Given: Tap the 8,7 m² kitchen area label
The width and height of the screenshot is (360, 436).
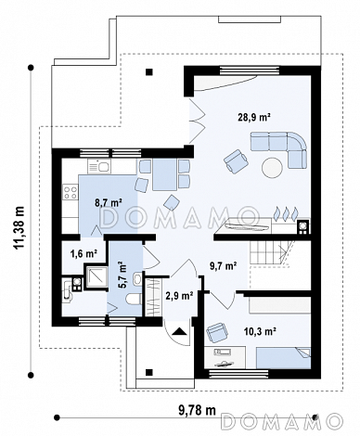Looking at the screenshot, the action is [x=109, y=202].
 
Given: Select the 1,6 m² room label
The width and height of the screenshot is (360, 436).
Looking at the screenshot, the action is [x=84, y=253].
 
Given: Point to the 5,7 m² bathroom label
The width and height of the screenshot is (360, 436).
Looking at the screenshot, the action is [x=122, y=275].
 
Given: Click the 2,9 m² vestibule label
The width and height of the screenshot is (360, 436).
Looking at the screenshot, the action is [x=180, y=295].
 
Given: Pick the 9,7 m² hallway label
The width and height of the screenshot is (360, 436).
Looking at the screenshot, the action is [x=224, y=265].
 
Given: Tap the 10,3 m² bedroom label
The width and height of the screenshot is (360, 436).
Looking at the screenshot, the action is [x=260, y=332].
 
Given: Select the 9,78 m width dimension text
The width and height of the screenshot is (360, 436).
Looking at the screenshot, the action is [x=197, y=410].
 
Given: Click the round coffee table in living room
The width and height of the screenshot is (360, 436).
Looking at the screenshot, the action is [x=272, y=168].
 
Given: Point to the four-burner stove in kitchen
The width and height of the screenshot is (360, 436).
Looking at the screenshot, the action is [x=70, y=191].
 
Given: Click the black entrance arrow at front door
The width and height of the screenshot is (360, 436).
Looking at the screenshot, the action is [x=179, y=331].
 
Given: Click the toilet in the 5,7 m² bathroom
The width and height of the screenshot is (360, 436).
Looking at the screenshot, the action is [x=134, y=299].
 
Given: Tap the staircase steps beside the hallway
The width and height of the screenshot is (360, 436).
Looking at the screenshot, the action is [x=268, y=252].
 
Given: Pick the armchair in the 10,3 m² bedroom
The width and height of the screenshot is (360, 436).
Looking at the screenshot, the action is [x=217, y=333].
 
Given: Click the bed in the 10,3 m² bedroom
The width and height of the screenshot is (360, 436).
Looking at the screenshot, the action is [x=283, y=358].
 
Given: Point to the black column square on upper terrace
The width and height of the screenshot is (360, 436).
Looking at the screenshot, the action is [x=149, y=72].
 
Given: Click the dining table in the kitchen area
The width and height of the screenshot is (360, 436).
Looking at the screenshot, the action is [x=164, y=174].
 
